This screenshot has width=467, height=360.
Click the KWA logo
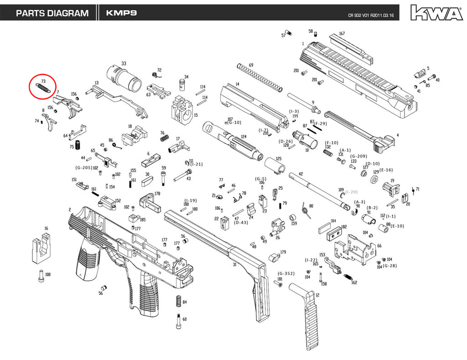point(436,13)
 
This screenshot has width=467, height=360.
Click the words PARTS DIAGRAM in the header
point(52,13)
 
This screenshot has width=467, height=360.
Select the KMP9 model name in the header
point(120,13)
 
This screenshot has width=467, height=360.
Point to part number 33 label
point(124,63)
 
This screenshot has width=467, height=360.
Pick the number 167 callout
point(342,33)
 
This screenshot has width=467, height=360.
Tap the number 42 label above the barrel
point(301,174)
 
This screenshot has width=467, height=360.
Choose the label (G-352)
point(286,273)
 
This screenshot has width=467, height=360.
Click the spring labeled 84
point(178,302)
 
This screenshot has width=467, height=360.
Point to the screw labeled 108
point(41,275)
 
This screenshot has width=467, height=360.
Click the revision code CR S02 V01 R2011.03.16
point(371,16)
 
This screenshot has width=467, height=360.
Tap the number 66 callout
point(379,246)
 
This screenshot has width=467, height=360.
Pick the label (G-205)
point(83,167)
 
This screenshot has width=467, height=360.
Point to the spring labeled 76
point(166,138)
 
